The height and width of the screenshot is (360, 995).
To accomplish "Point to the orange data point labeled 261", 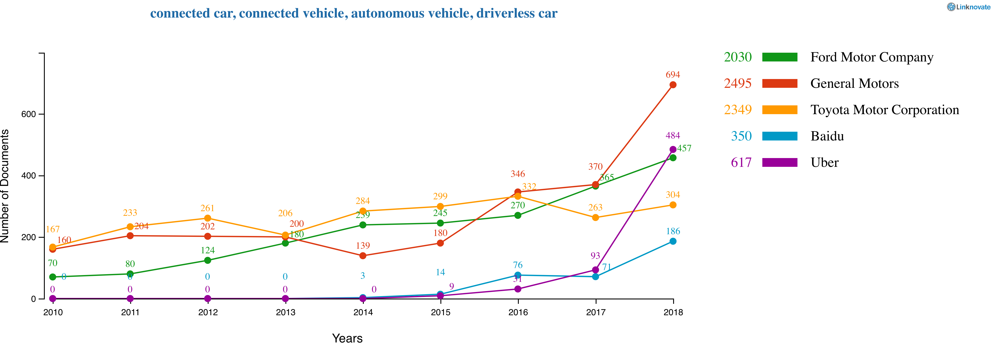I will (x=207, y=218).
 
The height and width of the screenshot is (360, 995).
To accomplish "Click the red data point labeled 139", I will (x=363, y=256).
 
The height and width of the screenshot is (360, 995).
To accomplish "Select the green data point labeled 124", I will (x=207, y=260).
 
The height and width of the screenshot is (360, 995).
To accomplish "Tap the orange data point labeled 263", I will (x=595, y=218).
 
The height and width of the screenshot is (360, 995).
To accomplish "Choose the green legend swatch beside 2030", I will (x=779, y=57).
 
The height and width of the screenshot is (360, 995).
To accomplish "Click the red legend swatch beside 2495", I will (x=779, y=83).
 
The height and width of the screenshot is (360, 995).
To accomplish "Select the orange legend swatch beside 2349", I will (x=779, y=110).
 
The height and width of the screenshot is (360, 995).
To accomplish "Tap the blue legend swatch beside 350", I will (x=779, y=136).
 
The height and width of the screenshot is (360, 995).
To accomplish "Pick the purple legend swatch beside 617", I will (x=779, y=162).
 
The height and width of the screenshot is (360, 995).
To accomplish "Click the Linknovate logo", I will (x=968, y=7).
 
